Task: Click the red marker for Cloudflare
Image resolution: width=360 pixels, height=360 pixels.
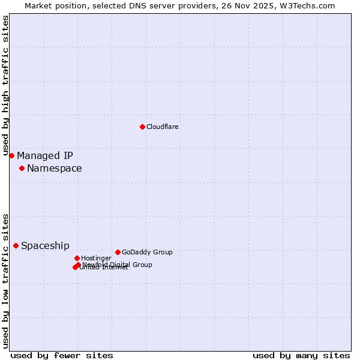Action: (142, 127)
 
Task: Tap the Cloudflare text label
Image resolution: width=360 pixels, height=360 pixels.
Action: (163, 127)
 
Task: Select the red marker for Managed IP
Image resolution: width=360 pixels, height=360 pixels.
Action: (11, 155)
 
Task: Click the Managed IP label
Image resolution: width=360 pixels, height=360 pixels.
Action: (45, 156)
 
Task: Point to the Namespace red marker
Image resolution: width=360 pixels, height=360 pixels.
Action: (22, 168)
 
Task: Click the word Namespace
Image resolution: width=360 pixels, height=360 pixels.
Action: (55, 169)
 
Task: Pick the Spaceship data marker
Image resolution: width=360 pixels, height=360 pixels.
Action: (16, 245)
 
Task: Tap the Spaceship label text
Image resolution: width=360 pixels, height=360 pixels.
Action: (45, 246)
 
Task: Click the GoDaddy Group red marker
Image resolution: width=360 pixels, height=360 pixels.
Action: (118, 252)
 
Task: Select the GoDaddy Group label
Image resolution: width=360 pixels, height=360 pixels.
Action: (147, 252)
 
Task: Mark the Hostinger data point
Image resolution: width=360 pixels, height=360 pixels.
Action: (77, 258)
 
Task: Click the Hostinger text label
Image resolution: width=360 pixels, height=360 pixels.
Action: (96, 258)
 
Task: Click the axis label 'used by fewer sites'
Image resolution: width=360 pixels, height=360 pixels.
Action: (62, 355)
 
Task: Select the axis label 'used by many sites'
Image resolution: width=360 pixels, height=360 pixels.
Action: (301, 355)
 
